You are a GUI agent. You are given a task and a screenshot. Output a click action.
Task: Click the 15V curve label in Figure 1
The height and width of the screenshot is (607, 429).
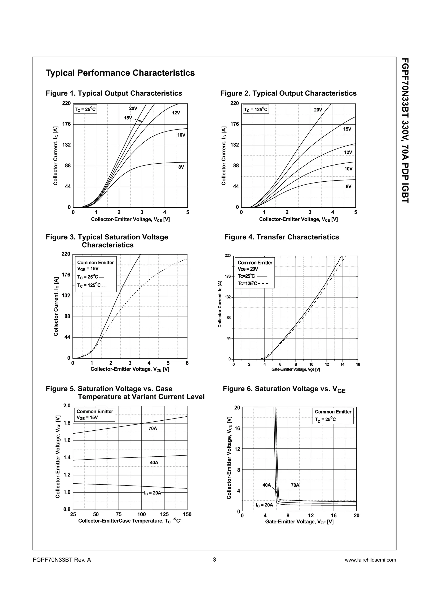[128, 118]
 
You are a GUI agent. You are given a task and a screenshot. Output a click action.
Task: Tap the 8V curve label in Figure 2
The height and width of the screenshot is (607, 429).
[349, 186]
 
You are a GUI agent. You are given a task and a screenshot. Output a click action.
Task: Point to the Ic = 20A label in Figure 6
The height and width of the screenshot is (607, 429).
[264, 505]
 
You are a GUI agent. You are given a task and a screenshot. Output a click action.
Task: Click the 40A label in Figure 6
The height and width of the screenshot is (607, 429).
[267, 485]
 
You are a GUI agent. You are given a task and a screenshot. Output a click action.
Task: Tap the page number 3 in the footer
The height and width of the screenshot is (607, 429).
[214, 560]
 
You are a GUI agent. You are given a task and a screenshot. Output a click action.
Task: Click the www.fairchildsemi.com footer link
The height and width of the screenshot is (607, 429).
[370, 560]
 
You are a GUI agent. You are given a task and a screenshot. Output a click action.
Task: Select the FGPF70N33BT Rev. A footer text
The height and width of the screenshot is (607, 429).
[62, 560]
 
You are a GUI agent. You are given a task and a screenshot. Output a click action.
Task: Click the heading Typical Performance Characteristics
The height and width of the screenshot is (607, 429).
[120, 73]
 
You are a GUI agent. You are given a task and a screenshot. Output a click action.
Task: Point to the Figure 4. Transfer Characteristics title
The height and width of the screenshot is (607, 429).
[282, 237]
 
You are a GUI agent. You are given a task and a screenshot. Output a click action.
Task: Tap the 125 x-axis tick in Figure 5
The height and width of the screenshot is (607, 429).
[164, 514]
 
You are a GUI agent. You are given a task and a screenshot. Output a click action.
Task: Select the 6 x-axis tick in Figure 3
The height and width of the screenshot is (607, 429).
[187, 363]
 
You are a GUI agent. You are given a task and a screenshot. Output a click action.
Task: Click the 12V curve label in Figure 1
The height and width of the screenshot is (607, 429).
[176, 113]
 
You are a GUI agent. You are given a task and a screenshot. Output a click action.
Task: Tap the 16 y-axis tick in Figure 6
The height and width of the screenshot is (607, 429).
[237, 428]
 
